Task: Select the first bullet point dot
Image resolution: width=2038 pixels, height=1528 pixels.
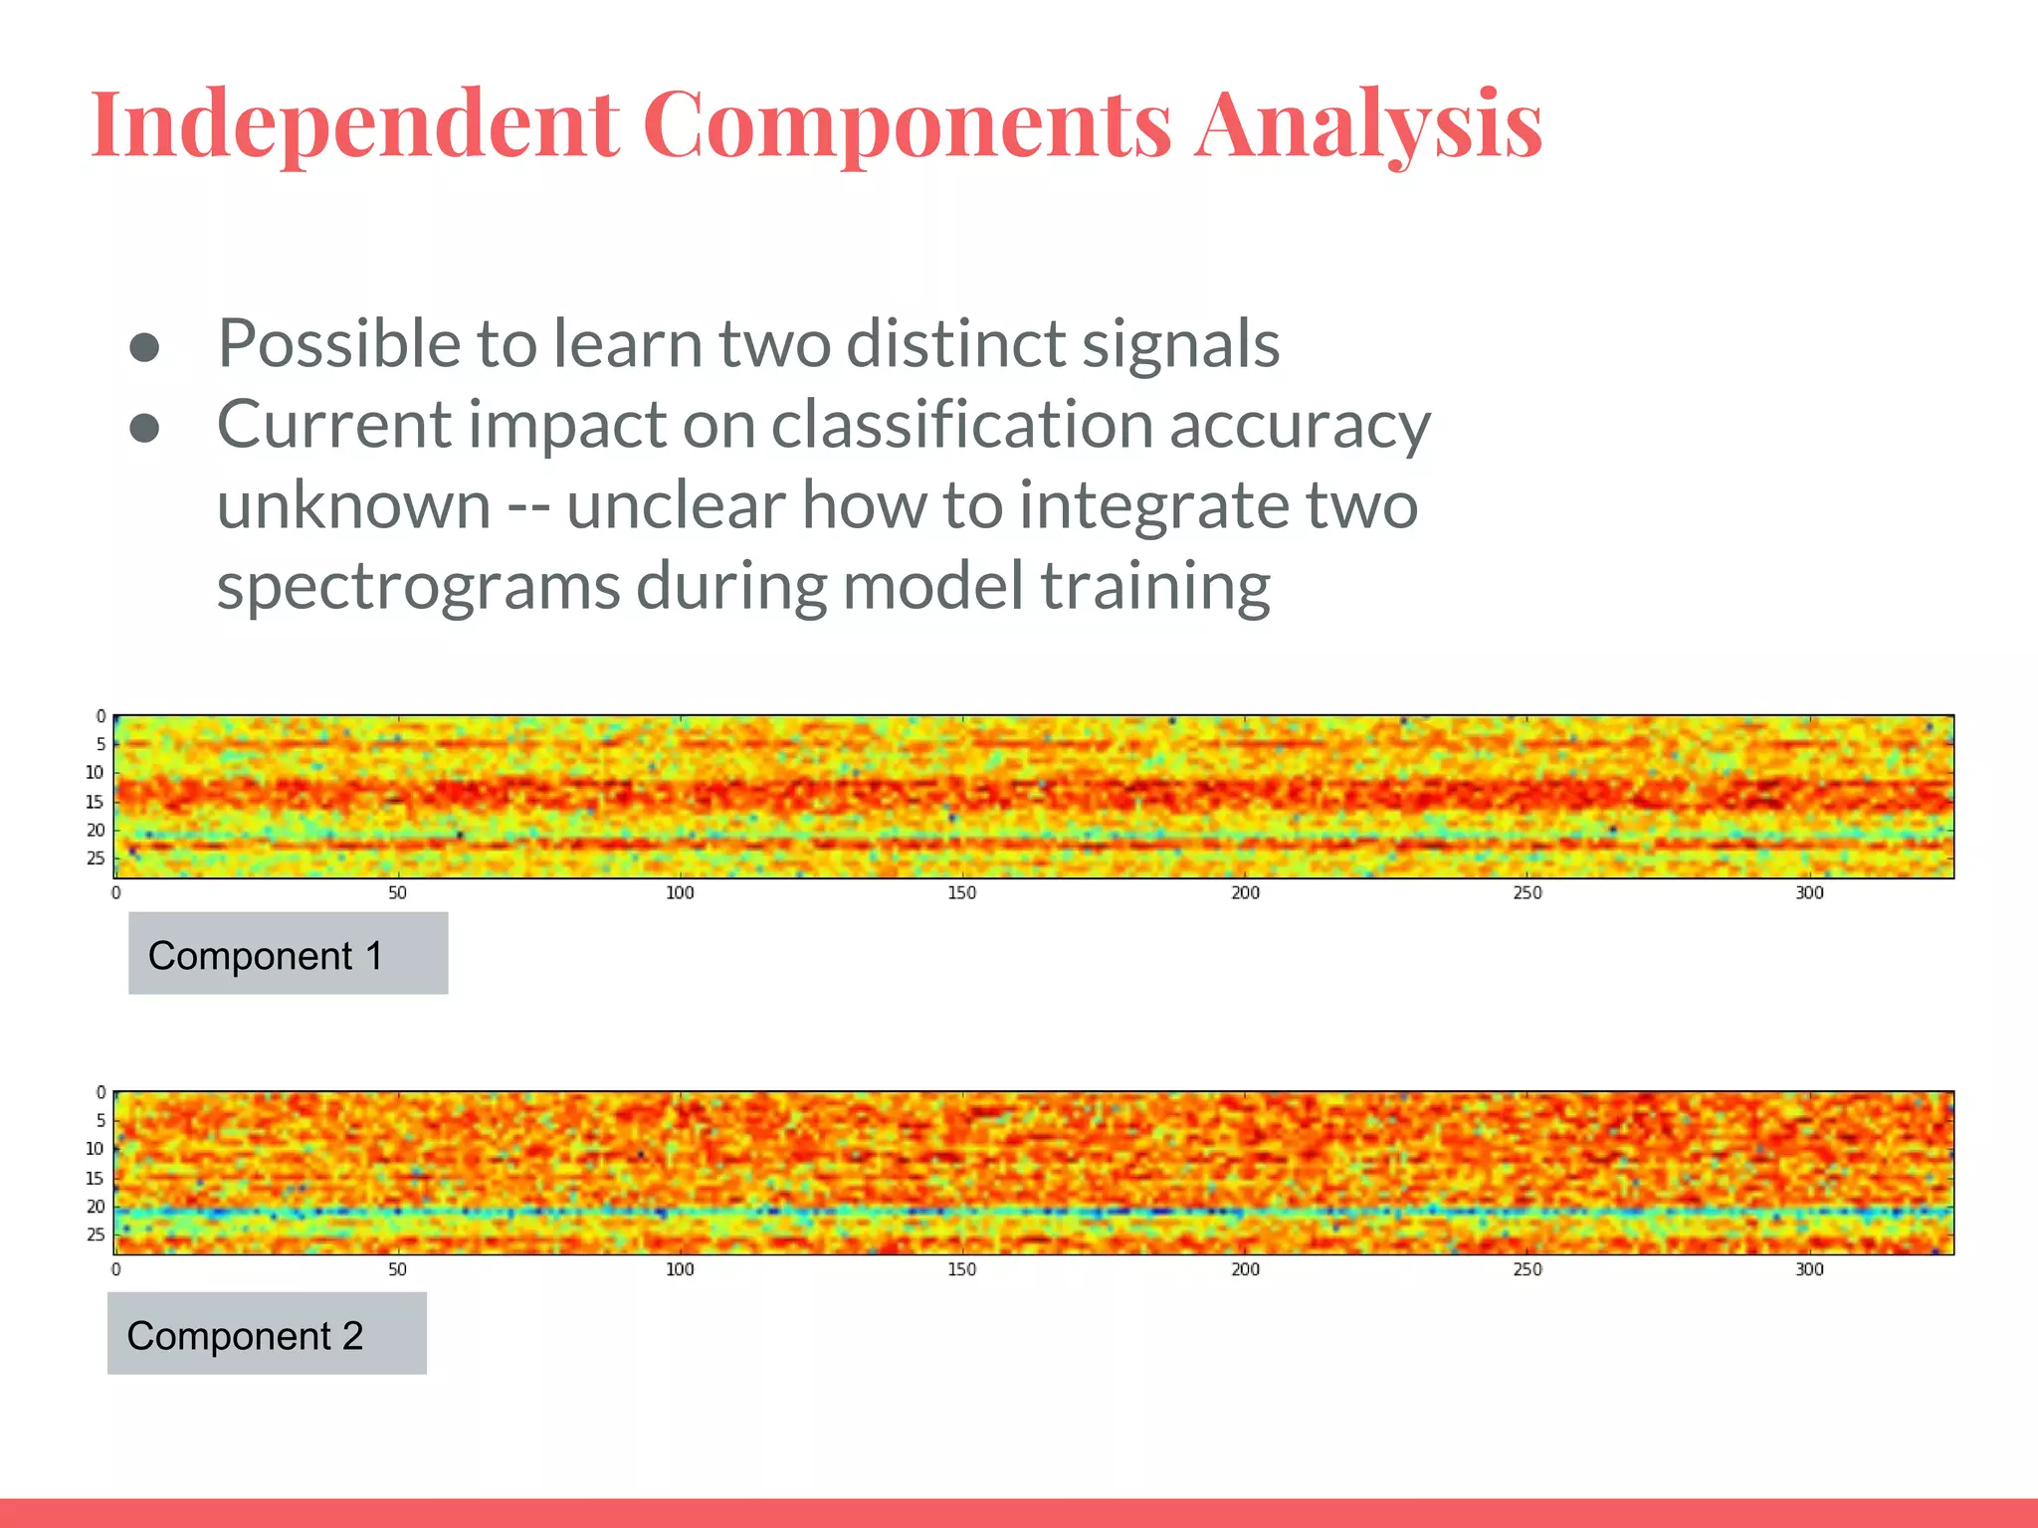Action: pos(145,346)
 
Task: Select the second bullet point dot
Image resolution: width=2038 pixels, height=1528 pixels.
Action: pos(145,428)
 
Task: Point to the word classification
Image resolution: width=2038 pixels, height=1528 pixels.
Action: pos(961,425)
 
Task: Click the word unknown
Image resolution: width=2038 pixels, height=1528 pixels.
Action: pos(353,505)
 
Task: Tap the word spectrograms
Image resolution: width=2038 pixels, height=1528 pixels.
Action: pos(418,587)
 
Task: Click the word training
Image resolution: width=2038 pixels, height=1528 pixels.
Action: pos(1155,587)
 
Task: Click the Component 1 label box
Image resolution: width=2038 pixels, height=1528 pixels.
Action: pos(288,954)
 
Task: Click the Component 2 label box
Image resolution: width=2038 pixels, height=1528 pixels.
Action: pos(267,1334)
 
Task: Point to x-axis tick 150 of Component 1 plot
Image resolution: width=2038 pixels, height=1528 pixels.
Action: pos(961,893)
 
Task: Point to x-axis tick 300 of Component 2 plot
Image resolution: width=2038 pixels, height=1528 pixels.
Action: pos(1809,1269)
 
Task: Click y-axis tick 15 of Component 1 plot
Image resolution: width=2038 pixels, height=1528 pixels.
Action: pos(95,802)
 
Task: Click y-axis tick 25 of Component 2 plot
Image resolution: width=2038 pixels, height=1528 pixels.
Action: pos(95,1235)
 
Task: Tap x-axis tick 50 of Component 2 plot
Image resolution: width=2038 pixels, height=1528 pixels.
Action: pos(397,1269)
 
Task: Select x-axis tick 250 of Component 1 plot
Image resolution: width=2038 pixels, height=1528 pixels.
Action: pos(1528,893)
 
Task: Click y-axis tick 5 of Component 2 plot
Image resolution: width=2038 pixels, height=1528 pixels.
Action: pos(100,1120)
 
